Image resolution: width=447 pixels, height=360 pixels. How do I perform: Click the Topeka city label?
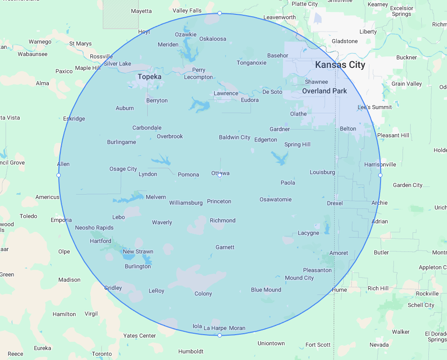point(149,76)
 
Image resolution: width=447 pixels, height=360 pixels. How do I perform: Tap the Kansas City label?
point(340,65)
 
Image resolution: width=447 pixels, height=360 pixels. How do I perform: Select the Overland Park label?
point(324,91)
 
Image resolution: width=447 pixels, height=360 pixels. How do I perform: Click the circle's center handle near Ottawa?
point(219,175)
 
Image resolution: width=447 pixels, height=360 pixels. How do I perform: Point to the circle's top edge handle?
point(219,13)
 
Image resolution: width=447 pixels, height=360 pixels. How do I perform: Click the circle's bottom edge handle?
point(219,336)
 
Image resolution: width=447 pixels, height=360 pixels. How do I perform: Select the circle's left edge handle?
point(58,175)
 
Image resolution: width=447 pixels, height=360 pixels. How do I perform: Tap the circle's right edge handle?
point(380,175)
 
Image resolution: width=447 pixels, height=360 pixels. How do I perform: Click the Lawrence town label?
point(226,93)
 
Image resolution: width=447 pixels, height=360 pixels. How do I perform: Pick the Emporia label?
point(61,220)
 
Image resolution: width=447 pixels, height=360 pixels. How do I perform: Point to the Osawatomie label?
point(275,199)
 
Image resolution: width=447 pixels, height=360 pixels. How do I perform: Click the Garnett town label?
point(225,247)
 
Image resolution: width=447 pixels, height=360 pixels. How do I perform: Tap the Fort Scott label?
point(318,345)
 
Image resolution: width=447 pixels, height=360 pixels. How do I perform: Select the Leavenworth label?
point(280,17)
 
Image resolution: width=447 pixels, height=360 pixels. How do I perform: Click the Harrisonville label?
point(380,164)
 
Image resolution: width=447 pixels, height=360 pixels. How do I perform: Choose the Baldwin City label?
point(234,137)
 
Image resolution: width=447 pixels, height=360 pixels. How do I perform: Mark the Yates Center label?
point(140,336)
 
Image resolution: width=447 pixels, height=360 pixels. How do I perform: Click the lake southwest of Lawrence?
point(199,104)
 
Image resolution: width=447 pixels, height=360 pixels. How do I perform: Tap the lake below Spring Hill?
point(280,157)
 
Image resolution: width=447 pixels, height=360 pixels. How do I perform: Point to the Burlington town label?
point(138,266)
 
